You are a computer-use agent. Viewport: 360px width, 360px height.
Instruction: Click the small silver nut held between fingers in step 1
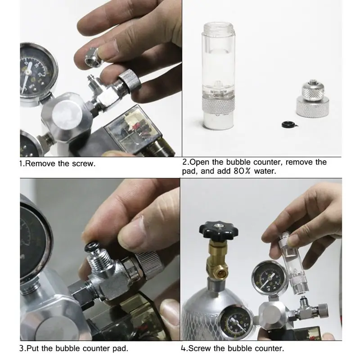[93, 58]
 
